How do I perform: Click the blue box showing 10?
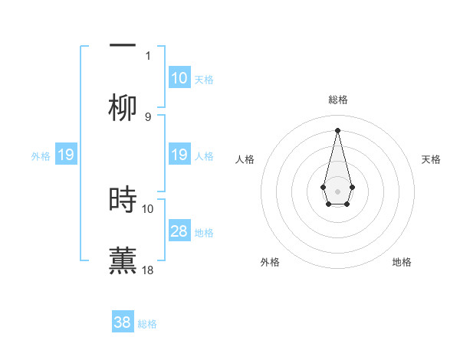179,78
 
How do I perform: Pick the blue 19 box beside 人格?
179,155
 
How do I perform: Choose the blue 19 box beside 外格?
66,155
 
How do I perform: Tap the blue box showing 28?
179,231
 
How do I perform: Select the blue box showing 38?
123,322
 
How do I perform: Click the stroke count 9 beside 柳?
148,116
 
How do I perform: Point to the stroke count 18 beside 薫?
149,270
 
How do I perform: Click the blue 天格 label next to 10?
204,79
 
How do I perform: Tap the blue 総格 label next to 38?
147,323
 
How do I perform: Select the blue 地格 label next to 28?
204,232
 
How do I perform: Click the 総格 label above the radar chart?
337,100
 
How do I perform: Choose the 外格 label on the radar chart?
270,262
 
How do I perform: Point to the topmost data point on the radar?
337,130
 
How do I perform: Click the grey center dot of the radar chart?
337,190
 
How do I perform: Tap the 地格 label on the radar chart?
402,262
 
